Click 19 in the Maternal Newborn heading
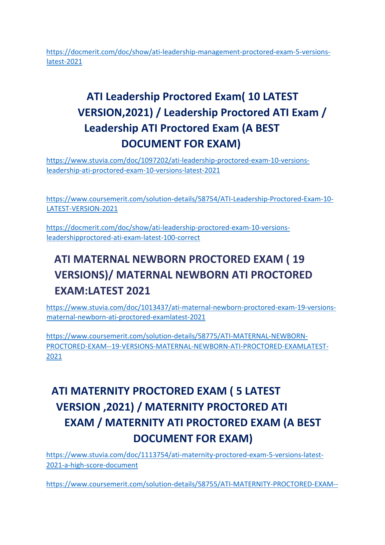click(x=299, y=259)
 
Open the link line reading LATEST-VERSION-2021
click(x=82, y=209)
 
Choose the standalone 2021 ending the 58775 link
click(x=54, y=356)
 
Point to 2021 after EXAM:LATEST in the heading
click(x=138, y=291)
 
